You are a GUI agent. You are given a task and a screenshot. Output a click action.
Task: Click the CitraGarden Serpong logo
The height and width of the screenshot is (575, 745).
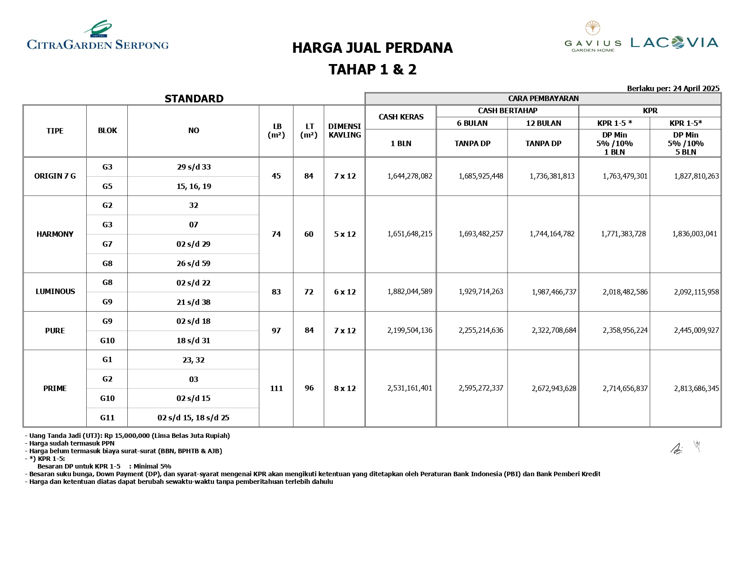(x=98, y=36)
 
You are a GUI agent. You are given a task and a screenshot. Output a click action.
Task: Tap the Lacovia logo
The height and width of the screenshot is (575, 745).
(x=674, y=43)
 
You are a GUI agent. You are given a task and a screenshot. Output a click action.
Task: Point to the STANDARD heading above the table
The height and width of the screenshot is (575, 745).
(x=194, y=99)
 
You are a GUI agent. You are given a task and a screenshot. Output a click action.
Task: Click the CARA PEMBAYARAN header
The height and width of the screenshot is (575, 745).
(x=543, y=98)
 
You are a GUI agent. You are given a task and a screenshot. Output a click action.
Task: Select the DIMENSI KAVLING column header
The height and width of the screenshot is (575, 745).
(x=345, y=131)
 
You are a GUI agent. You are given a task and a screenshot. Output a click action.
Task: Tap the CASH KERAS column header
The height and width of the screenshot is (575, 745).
(x=401, y=117)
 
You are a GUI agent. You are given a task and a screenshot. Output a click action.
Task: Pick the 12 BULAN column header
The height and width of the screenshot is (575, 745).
(x=543, y=123)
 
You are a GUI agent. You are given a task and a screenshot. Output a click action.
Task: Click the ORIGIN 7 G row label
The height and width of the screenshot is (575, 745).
(x=55, y=176)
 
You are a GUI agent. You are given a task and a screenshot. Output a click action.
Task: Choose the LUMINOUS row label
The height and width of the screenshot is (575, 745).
(x=55, y=291)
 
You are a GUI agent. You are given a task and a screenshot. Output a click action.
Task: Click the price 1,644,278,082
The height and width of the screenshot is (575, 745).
(x=410, y=176)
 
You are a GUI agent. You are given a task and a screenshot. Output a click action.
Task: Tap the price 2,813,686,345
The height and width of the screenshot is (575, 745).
(x=696, y=388)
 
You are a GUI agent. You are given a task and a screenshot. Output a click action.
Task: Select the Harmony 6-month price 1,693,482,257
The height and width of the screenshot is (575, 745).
(x=481, y=234)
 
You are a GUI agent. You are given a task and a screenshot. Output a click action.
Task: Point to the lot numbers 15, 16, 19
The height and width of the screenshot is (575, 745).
(x=194, y=186)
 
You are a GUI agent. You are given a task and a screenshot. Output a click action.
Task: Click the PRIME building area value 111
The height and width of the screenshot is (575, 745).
(x=276, y=388)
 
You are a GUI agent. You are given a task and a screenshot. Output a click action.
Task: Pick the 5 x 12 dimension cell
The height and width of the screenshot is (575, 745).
(x=345, y=234)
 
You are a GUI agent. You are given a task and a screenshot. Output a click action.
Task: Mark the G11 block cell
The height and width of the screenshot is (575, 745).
(x=107, y=418)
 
